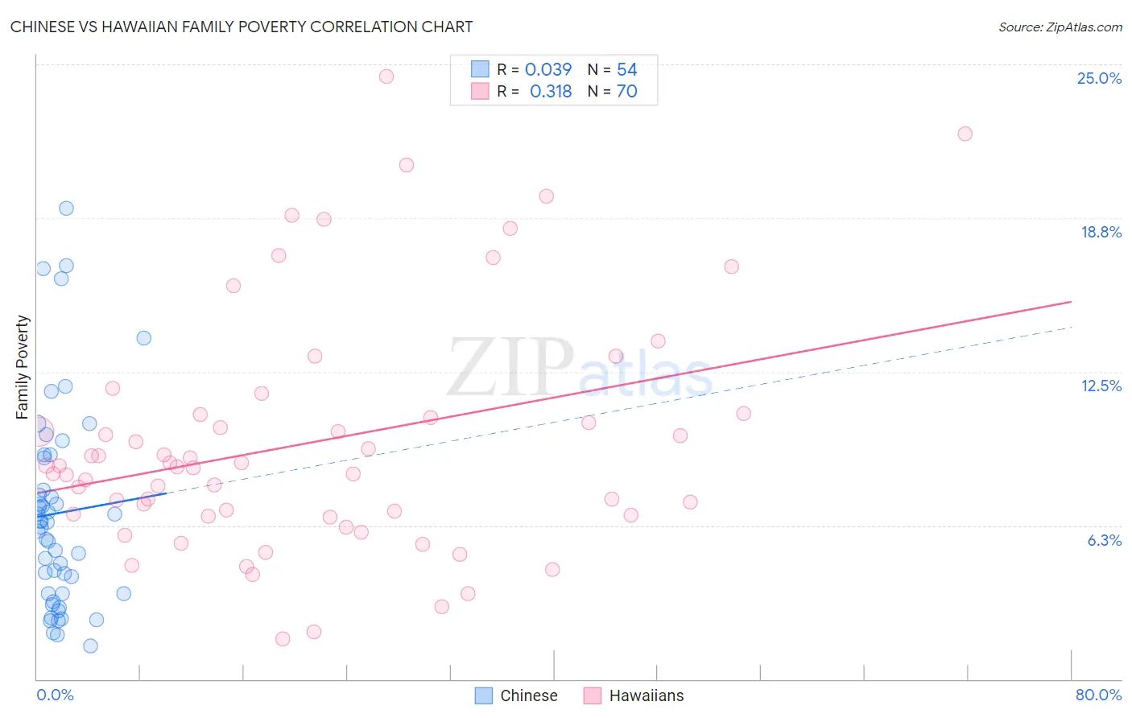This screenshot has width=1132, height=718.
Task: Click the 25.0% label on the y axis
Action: pyautogui.click(x=1099, y=78)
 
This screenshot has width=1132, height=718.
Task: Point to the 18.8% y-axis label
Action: pyautogui.click(x=1101, y=232)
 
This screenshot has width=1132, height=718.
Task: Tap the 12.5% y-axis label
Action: pyautogui.click(x=1101, y=386)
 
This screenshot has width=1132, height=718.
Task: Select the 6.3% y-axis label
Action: pyautogui.click(x=1104, y=540)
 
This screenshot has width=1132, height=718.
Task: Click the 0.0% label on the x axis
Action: pyautogui.click(x=55, y=695)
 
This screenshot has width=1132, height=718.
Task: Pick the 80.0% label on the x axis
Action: pyautogui.click(x=1098, y=695)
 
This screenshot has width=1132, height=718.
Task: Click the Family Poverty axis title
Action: pyautogui.click(x=23, y=367)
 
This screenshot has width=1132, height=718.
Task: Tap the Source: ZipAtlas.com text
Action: pyautogui.click(x=1060, y=27)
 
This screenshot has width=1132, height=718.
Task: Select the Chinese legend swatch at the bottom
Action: pyautogui.click(x=483, y=695)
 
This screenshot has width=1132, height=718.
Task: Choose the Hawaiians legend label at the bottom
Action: pyautogui.click(x=646, y=695)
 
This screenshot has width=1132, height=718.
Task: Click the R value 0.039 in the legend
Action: pyautogui.click(x=548, y=70)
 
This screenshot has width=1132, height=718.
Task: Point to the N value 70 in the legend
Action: pyautogui.click(x=626, y=92)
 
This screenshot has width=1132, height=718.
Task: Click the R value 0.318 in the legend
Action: pyautogui.click(x=551, y=92)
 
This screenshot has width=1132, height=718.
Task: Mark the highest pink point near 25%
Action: pyautogui.click(x=386, y=76)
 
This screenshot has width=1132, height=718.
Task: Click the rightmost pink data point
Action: pyautogui.click(x=965, y=134)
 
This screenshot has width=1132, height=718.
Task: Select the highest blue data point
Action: pyautogui.click(x=67, y=208)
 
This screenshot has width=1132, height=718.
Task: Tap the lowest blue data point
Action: pyautogui.click(x=90, y=646)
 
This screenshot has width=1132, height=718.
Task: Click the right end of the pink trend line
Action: pyautogui.click(x=1071, y=302)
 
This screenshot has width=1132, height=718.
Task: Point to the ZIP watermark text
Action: pyautogui.click(x=510, y=368)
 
